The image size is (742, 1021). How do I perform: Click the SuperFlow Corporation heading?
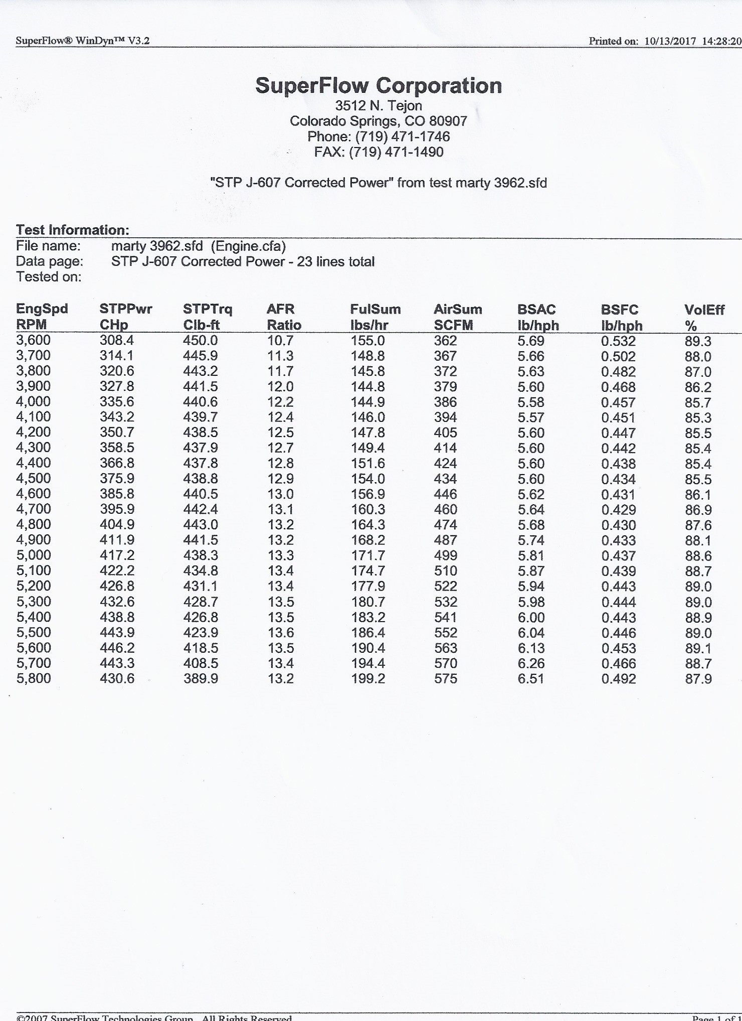[x=379, y=86]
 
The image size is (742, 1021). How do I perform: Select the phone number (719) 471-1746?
[x=403, y=136]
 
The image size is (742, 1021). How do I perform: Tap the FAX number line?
[x=379, y=152]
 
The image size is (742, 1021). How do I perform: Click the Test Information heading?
[x=73, y=230]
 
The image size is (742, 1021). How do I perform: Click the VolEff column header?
[x=704, y=310]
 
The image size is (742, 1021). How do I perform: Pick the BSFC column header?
[x=620, y=310]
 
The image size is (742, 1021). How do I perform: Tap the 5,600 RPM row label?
[x=34, y=648]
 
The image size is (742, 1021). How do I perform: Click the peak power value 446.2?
[x=117, y=648]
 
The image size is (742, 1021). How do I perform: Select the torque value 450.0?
[x=201, y=341]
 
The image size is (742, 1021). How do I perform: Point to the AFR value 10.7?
[x=280, y=341]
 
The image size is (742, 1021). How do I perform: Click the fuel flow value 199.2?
[x=368, y=679]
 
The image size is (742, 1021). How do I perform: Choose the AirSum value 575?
[x=446, y=679]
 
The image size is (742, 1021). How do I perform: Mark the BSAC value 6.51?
[x=531, y=679]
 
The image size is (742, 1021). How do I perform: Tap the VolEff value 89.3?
[x=698, y=341]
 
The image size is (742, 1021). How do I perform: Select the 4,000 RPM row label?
[x=34, y=402]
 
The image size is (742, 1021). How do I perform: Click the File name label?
[x=49, y=246]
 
